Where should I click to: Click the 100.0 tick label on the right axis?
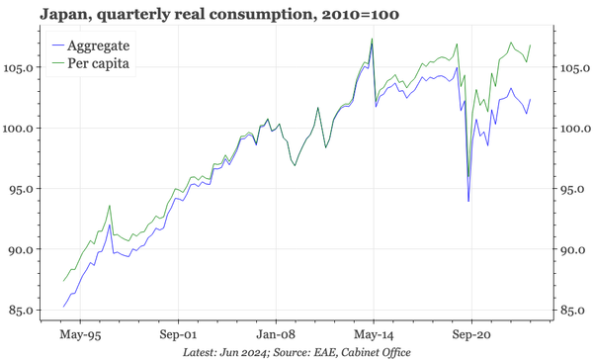572,129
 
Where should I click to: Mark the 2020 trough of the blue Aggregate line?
468,201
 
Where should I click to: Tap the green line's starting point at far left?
64,281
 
